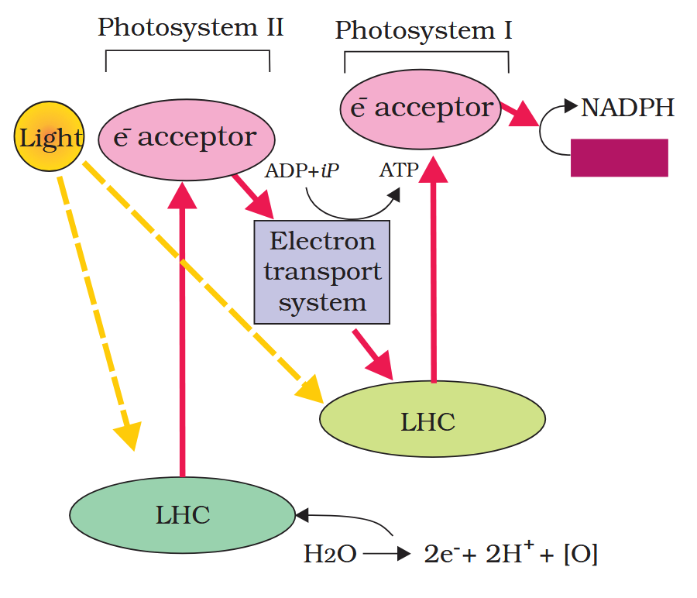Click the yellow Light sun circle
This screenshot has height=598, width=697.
[x=49, y=138]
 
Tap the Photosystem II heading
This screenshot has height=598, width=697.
[x=190, y=28]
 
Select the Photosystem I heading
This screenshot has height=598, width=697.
[x=423, y=31]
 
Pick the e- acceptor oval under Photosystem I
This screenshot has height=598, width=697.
[x=421, y=108]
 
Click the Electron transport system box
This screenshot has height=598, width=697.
[x=321, y=271]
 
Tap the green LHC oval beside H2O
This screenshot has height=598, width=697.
[x=182, y=514]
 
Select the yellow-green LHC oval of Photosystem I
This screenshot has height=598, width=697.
[x=432, y=421]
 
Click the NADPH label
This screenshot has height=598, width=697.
[x=627, y=108]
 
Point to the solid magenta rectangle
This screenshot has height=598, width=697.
[x=619, y=157]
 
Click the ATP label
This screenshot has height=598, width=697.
[x=399, y=170]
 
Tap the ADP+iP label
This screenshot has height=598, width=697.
[x=302, y=170]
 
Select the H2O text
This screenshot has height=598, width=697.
[x=329, y=555]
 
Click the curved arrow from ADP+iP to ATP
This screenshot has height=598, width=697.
[x=348, y=214]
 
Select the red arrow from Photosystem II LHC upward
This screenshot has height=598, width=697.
[x=183, y=325]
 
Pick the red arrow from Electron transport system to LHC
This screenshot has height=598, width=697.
[x=374, y=353]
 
